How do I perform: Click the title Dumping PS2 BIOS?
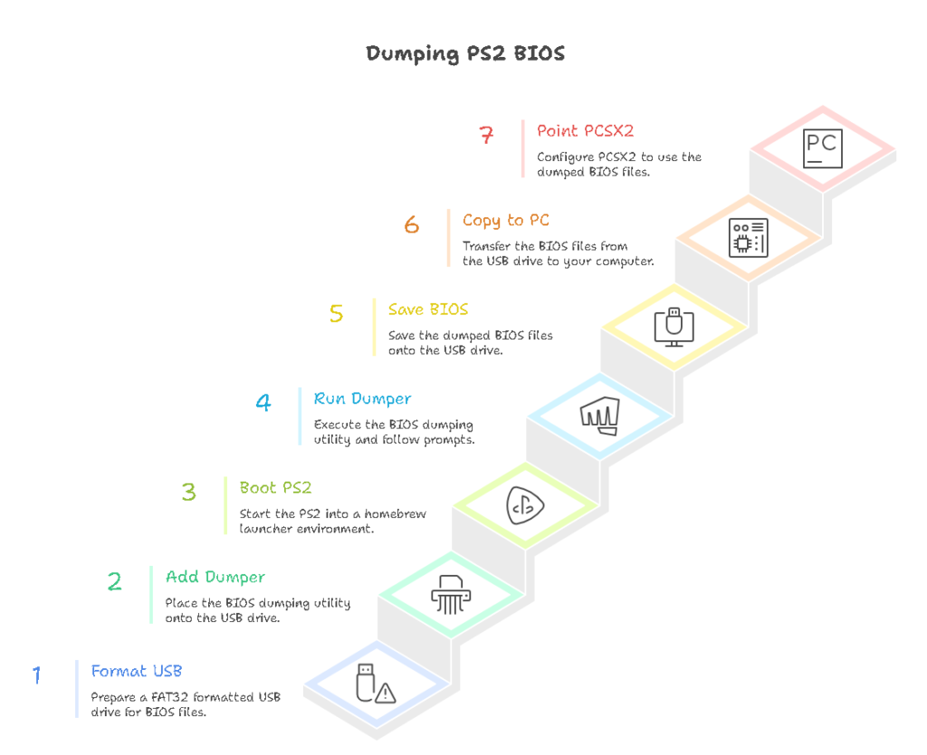pyautogui.click(x=465, y=53)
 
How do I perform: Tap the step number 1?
pyautogui.click(x=37, y=675)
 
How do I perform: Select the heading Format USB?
pyautogui.click(x=137, y=671)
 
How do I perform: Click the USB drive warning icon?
pyautogui.click(x=376, y=684)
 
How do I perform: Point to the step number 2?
pyautogui.click(x=114, y=581)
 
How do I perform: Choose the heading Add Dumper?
pyautogui.click(x=215, y=577)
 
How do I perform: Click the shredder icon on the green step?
pyautogui.click(x=450, y=594)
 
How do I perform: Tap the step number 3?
pyautogui.click(x=188, y=492)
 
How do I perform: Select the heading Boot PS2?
pyautogui.click(x=275, y=488)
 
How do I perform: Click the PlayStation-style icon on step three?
pyautogui.click(x=525, y=506)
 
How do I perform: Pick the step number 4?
pyautogui.click(x=263, y=402)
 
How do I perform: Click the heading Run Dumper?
pyautogui.click(x=362, y=398)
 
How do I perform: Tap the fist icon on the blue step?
pyautogui.click(x=599, y=416)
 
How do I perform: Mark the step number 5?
pyautogui.click(x=337, y=314)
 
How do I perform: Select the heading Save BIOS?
pyautogui.click(x=428, y=310)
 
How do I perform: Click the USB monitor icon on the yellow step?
pyautogui.click(x=674, y=327)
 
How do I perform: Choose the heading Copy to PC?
pyautogui.click(x=505, y=220)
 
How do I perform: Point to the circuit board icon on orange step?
pyautogui.click(x=749, y=237)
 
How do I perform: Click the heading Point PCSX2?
pyautogui.click(x=585, y=131)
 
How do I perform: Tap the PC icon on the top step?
pyautogui.click(x=823, y=148)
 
